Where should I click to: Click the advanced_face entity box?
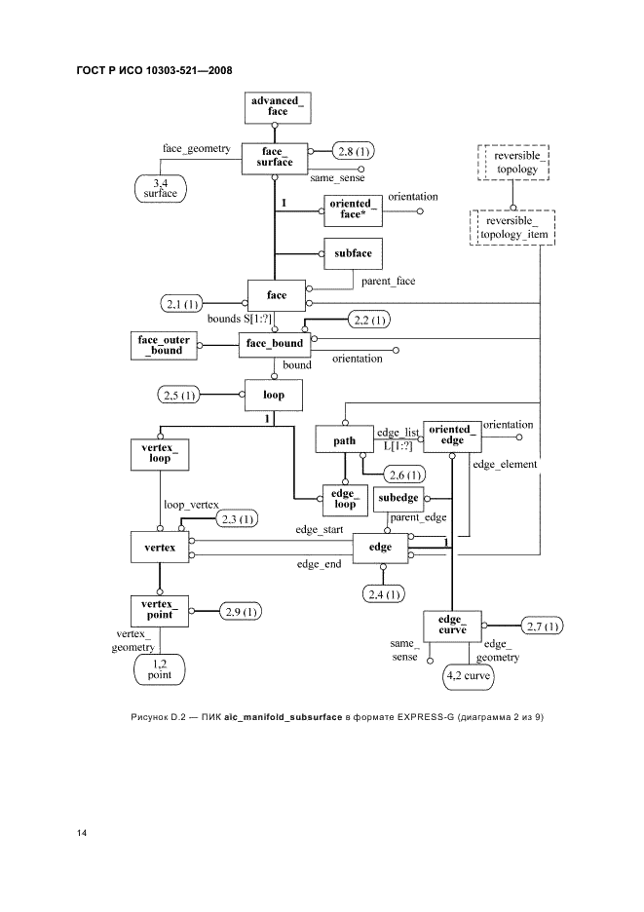[x=278, y=106]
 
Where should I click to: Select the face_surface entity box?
[x=275, y=158]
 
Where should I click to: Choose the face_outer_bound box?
[x=165, y=344]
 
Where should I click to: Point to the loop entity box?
[x=273, y=396]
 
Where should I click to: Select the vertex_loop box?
[x=160, y=453]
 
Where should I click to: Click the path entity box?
[x=344, y=440]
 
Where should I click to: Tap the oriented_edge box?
[x=453, y=434]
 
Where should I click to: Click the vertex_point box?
[x=160, y=610]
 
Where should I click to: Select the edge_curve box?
[x=452, y=626]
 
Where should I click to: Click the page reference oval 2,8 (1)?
[x=354, y=151]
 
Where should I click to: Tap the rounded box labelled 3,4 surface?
[x=154, y=187]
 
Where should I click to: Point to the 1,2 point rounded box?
[x=160, y=668]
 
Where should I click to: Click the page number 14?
[x=83, y=834]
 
